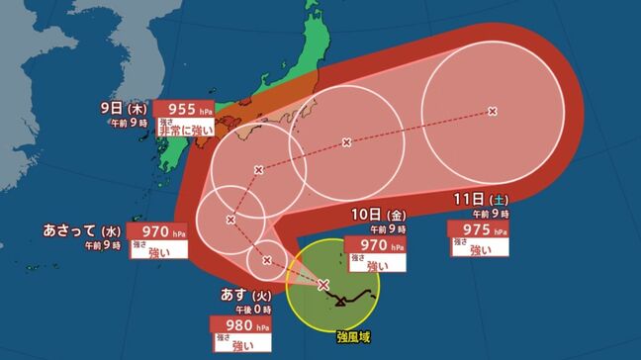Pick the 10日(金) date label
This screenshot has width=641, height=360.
coord(379,215)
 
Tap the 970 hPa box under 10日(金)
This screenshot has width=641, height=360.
coord(380,245)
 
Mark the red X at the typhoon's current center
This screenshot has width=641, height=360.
coord(323,285)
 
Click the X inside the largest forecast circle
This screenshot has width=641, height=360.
coord(493,112)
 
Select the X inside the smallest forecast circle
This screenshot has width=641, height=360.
coord(267,260)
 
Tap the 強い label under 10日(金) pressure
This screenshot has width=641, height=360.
coord(380,265)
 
